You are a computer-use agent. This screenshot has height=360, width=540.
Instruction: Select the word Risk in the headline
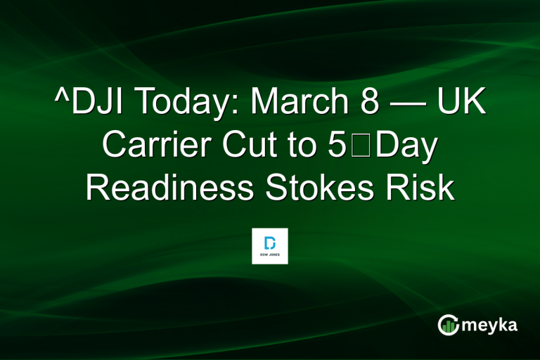tap(423, 188)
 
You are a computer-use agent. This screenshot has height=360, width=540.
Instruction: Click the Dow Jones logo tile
tap(270, 245)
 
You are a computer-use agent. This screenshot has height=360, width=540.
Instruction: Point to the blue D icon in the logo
tap(270, 241)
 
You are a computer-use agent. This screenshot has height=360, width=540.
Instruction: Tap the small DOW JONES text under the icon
tap(270, 255)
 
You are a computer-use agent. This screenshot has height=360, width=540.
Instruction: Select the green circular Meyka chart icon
tap(448, 324)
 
